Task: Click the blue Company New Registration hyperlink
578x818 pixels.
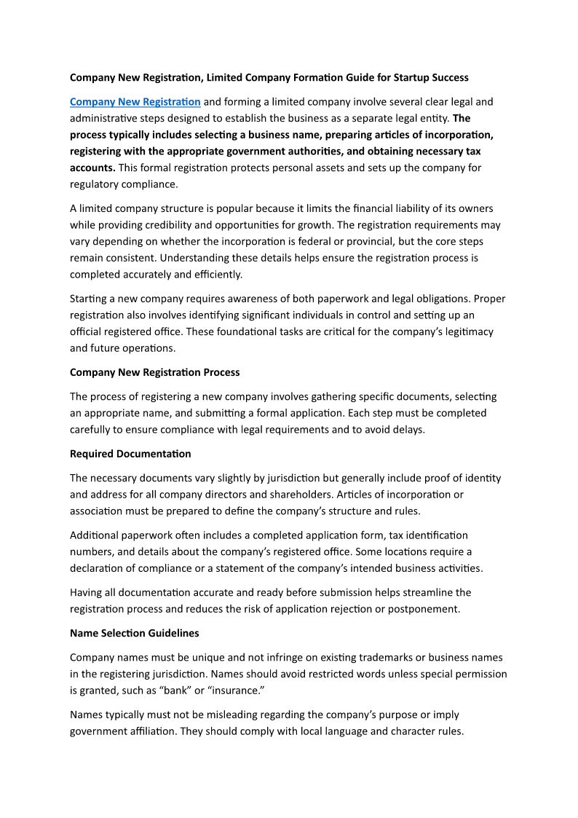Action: pyautogui.click(x=135, y=101)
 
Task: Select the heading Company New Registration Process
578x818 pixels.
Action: pyautogui.click(x=154, y=372)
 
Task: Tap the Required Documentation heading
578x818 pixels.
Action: pyautogui.click(x=130, y=454)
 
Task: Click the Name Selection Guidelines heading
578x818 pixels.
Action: pyautogui.click(x=134, y=633)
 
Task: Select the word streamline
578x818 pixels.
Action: pyautogui.click(x=424, y=592)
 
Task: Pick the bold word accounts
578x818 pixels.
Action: pyautogui.click(x=92, y=168)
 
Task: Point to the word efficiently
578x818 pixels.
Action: pyautogui.click(x=215, y=274)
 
